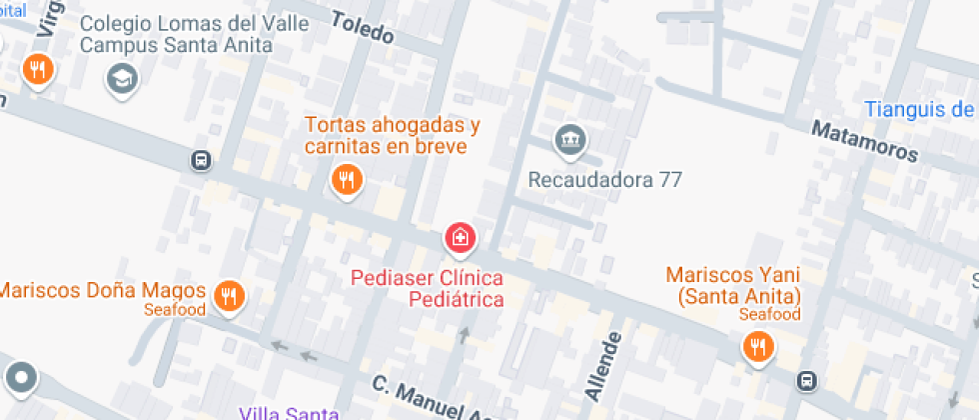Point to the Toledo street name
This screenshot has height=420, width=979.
pyautogui.click(x=362, y=28)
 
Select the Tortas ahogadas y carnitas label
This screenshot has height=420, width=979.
pyautogui.click(x=393, y=136)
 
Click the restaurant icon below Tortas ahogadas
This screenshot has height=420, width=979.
pyautogui.click(x=346, y=179)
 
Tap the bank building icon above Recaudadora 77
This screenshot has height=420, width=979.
pyautogui.click(x=570, y=138)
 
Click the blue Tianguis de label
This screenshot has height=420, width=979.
pyautogui.click(x=919, y=109)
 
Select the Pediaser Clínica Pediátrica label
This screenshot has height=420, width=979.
pyautogui.click(x=427, y=287)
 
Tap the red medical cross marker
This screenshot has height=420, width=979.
pyautogui.click(x=461, y=238)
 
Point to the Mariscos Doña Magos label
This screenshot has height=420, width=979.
pyautogui.click(x=102, y=291)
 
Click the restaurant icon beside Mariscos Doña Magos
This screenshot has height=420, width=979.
pyautogui.click(x=231, y=295)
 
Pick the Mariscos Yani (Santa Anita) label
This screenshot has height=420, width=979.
pyautogui.click(x=733, y=285)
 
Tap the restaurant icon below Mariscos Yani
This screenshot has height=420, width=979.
pyautogui.click(x=758, y=346)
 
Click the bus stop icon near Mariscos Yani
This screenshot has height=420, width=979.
pyautogui.click(x=805, y=380)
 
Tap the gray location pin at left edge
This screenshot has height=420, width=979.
pyautogui.click(x=21, y=378)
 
